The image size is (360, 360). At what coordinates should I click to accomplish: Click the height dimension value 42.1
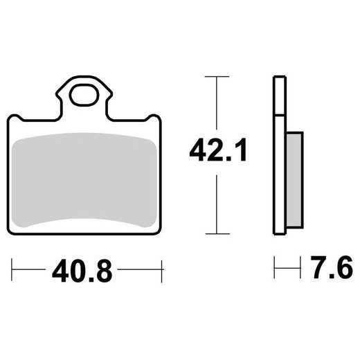click(x=217, y=150)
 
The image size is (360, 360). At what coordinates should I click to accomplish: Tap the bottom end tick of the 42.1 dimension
click(x=217, y=233)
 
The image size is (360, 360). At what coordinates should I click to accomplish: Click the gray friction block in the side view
click(x=294, y=180)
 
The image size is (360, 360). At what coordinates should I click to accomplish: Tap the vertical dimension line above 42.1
click(x=217, y=104)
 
